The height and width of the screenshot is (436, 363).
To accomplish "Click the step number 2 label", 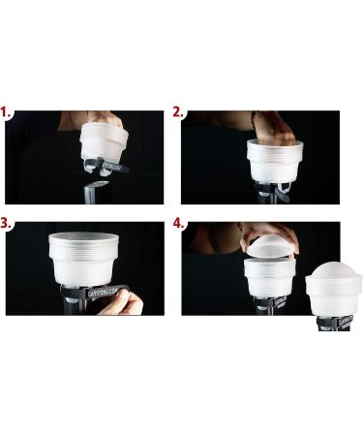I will (179, 112).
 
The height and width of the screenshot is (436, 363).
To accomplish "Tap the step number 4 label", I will (179, 222).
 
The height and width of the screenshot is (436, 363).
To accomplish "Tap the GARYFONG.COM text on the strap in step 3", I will (101, 292).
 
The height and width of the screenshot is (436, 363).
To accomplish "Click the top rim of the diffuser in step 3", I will (83, 236).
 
